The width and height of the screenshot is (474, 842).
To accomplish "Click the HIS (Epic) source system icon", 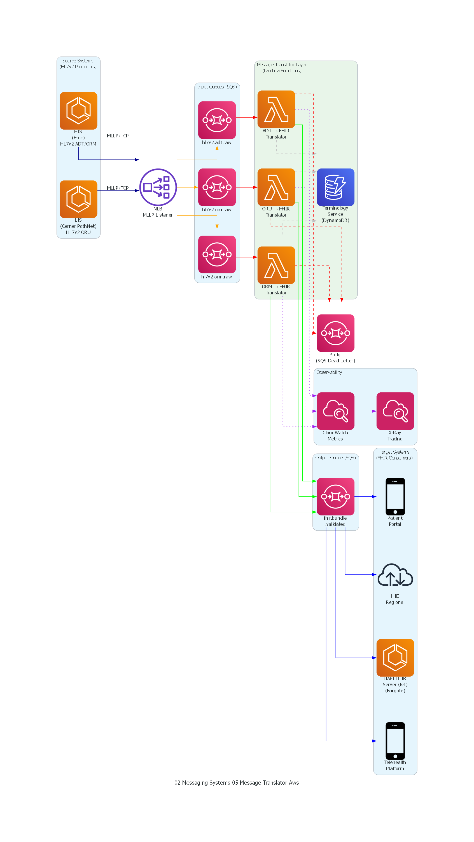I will [78, 111].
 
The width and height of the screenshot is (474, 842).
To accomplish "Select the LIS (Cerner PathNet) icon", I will [78, 199].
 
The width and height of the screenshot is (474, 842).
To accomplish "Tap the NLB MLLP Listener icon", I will [158, 187].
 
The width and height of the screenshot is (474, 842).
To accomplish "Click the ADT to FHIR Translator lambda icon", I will [276, 109].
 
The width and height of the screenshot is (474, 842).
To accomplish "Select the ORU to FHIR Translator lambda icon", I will [276, 187].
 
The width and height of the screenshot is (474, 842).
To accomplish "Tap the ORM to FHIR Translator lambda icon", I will [276, 265].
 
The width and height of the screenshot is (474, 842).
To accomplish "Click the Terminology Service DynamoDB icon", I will [335, 187].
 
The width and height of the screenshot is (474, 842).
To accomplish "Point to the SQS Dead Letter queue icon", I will [335, 333].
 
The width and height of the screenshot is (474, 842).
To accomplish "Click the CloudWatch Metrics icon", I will [335, 411].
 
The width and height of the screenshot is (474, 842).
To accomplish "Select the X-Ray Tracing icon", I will [395, 411].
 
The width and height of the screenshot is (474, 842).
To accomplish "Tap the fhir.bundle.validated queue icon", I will [335, 496].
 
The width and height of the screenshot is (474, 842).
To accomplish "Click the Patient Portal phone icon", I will [395, 496].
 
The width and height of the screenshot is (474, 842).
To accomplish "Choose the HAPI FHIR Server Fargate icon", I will [395, 657].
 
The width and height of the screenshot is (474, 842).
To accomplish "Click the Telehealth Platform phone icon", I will [395, 741].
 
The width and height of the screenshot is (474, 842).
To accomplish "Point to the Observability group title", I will [329, 372].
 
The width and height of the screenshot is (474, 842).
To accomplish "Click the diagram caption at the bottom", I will [236, 782].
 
